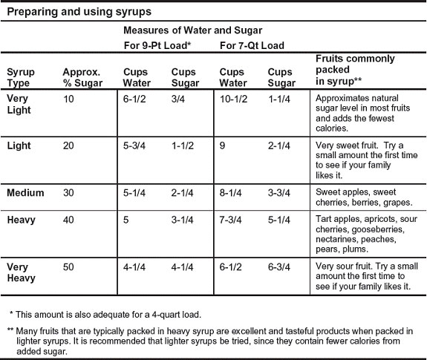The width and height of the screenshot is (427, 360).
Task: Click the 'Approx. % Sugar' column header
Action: click(x=82, y=77)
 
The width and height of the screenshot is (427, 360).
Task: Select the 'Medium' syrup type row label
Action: click(x=25, y=193)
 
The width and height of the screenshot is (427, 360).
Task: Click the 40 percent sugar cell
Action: click(x=69, y=220)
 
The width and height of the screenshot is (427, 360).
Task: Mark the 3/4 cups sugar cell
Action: click(x=179, y=98)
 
